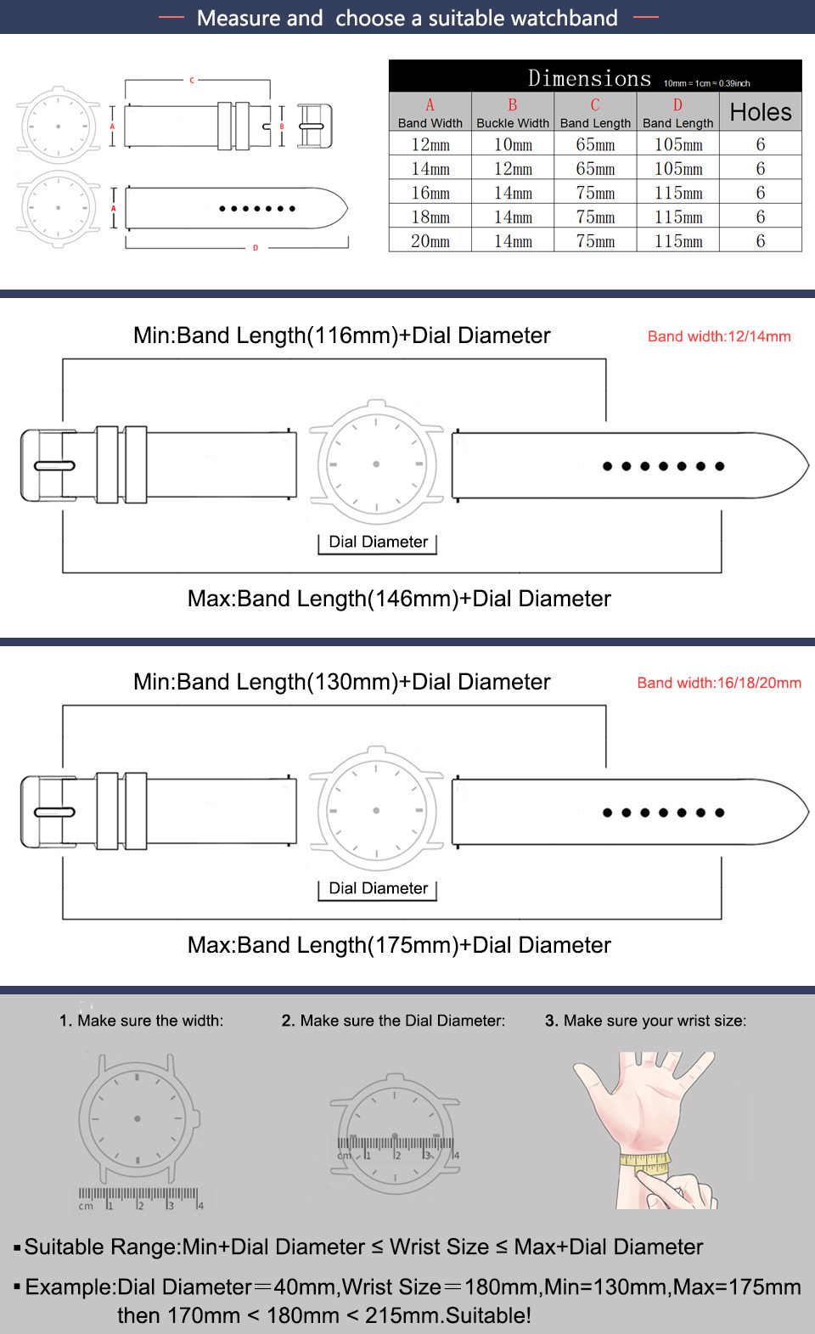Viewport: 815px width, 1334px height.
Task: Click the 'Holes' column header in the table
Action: pos(760,112)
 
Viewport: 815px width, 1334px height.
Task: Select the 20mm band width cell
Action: pos(430,241)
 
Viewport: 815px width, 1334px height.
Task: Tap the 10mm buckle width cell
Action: pos(513,144)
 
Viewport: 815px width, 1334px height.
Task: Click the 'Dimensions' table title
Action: pos(589,78)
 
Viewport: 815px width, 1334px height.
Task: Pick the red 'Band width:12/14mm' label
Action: pos(719,336)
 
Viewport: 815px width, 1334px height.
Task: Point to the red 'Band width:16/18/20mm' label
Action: pos(719,683)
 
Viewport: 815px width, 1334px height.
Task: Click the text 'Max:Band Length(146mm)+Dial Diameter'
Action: pos(399,599)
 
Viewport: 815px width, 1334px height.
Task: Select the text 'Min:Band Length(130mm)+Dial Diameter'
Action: pos(341,682)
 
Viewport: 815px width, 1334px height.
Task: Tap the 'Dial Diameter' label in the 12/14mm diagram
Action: pos(378,542)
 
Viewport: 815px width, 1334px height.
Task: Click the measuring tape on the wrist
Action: pos(645,1162)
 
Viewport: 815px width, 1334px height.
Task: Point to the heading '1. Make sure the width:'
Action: pos(142,1021)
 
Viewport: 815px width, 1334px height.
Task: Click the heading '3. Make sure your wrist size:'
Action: pos(645,1021)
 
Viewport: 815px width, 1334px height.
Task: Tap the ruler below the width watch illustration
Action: pos(140,1197)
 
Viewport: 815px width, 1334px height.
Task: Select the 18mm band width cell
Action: pos(430,217)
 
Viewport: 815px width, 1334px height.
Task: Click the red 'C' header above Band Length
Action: pos(595,105)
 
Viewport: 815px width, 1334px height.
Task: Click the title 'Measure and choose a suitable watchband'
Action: pos(407,18)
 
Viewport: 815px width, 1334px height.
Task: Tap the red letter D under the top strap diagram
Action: pos(255,248)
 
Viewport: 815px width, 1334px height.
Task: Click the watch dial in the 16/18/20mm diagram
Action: pos(376,810)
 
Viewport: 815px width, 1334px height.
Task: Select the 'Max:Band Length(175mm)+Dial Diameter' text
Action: pos(399,945)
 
